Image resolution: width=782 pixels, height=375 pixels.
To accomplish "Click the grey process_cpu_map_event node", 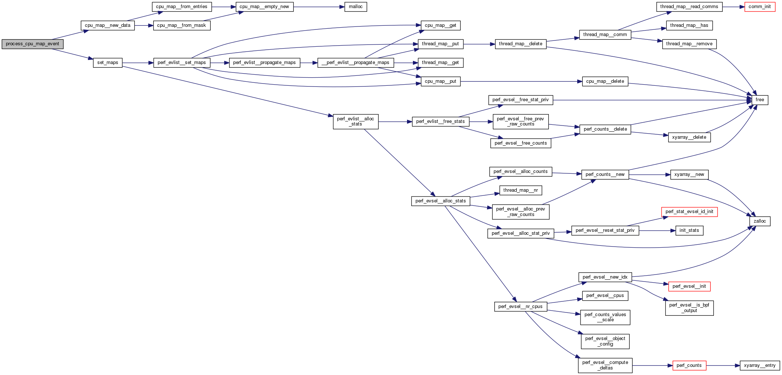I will [32, 44].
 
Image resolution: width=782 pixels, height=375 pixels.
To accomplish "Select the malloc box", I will [355, 7].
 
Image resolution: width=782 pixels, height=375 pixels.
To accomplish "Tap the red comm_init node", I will [760, 7].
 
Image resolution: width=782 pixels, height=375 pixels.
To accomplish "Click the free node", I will [760, 100].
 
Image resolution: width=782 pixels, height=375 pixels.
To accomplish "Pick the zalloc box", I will [760, 221].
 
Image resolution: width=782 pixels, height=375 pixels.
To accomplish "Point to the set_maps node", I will [108, 63].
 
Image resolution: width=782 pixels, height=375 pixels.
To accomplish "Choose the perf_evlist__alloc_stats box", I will [355, 121].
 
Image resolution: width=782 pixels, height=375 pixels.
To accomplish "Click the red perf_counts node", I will [689, 365].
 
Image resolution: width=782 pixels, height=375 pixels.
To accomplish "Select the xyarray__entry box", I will [760, 365].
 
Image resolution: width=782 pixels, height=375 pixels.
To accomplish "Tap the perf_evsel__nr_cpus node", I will [520, 307].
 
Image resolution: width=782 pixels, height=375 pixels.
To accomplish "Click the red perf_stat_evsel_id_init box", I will [689, 212].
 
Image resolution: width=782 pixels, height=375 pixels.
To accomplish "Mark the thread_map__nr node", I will [520, 190].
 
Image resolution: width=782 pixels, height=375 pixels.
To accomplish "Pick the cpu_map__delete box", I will [605, 81].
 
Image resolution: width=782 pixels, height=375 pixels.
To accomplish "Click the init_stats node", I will [689, 230].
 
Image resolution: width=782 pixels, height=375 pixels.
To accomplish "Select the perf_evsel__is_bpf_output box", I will [689, 308].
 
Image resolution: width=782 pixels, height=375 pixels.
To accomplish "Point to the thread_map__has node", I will [689, 25].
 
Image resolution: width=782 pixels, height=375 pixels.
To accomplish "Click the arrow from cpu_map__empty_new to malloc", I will [319, 7].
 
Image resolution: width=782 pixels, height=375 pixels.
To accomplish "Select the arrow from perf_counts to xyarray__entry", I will [723, 365].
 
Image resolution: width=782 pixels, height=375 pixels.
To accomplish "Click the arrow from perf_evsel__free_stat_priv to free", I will [652, 100].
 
